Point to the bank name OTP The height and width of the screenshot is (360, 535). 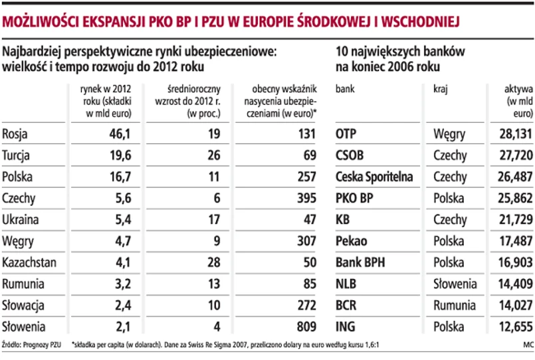click(347, 135)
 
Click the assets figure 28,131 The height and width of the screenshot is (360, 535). click(514, 135)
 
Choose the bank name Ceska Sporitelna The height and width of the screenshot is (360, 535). click(374, 177)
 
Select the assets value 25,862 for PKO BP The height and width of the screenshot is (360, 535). click(514, 199)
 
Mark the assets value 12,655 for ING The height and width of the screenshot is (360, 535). click(514, 327)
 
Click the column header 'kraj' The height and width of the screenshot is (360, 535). click(439, 88)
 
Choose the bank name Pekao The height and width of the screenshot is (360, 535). click(352, 241)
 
